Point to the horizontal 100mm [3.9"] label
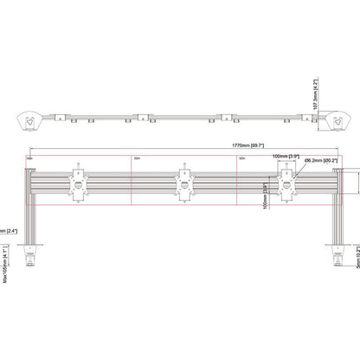(x=285, y=157)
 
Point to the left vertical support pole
(x=29, y=208)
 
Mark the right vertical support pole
(x=336, y=208)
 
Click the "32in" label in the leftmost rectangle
(x=31, y=159)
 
